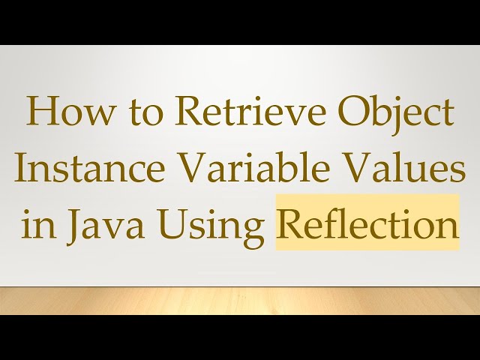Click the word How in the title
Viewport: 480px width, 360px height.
point(62,115)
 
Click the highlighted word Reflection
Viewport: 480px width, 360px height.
point(367,223)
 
